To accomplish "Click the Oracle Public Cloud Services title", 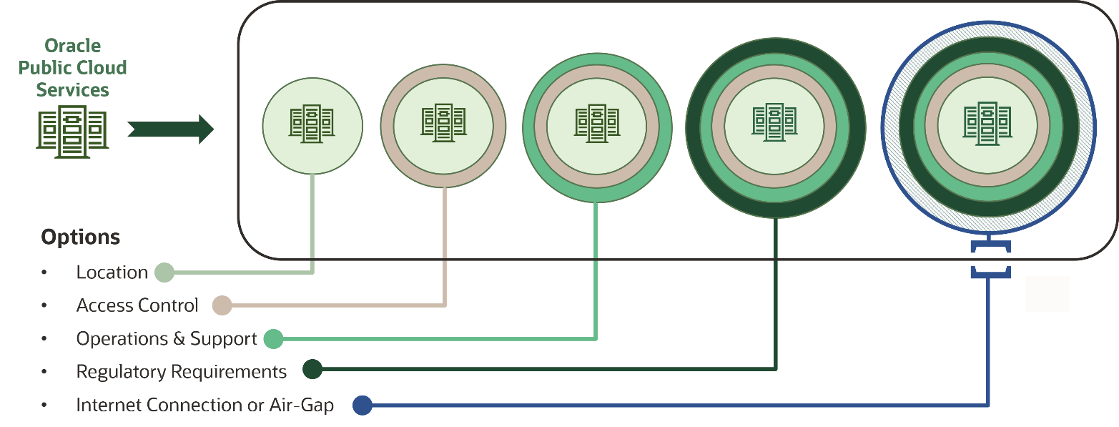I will [x=72, y=68].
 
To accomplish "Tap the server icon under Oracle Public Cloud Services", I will [x=72, y=132].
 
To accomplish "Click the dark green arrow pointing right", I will [x=171, y=129].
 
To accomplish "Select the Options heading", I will [x=81, y=237].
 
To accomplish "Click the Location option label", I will [x=112, y=273].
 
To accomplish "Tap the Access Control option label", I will [x=137, y=305].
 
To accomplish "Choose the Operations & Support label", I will [x=167, y=339].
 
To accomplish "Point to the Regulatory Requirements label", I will [x=182, y=372].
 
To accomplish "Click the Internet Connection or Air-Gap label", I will [x=205, y=406].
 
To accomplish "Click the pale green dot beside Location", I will [x=164, y=273].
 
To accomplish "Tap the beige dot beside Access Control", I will [x=222, y=305].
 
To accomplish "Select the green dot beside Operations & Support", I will [x=273, y=339].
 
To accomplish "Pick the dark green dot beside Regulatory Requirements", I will [x=312, y=370].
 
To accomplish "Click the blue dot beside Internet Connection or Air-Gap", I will [x=363, y=406].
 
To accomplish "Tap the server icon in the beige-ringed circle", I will [x=443, y=124].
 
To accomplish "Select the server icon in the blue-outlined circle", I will [x=987, y=123].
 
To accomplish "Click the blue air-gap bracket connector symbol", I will [x=990, y=260].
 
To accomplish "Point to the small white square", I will [x=1047, y=294].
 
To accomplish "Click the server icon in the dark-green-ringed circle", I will [x=774, y=123].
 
